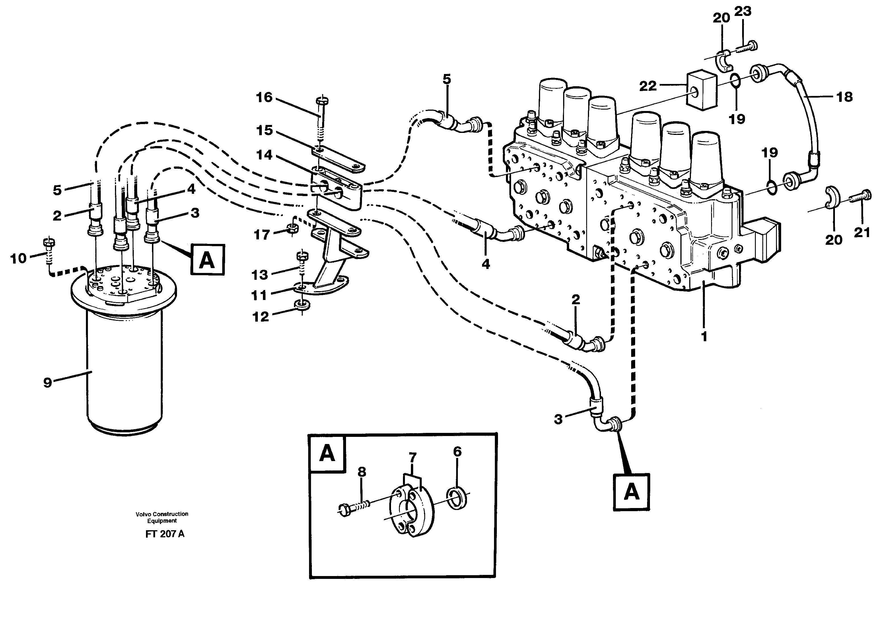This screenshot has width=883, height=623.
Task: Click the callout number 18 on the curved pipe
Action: coord(845,97)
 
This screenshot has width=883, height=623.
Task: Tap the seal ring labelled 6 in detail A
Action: coord(458,499)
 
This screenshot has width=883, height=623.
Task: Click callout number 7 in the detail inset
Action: coord(412,458)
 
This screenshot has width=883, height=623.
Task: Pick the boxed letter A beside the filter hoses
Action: coord(207,261)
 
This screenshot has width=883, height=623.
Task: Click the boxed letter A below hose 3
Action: coord(631,492)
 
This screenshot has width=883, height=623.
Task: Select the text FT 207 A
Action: coord(164,534)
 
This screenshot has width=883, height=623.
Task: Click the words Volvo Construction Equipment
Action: coord(162,517)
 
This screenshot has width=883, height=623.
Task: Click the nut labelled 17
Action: coord(291,230)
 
